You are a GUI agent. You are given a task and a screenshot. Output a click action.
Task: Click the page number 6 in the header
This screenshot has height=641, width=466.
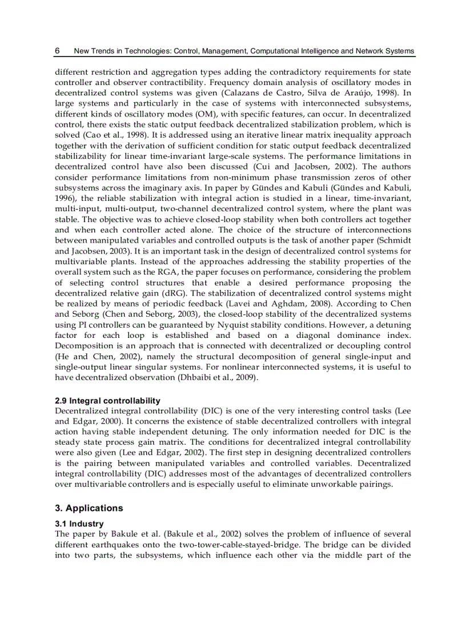pyautogui.click(x=57, y=51)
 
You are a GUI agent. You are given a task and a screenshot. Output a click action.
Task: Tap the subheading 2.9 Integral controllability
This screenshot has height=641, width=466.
pyautogui.click(x=107, y=401)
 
